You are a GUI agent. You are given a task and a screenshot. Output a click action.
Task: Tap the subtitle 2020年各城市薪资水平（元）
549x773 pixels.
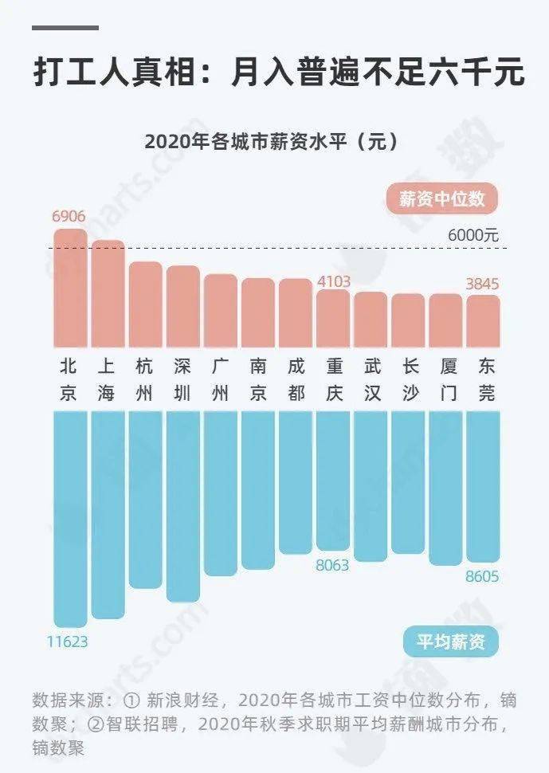pos(271,143)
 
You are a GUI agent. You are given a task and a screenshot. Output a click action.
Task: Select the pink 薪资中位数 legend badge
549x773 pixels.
pos(441,198)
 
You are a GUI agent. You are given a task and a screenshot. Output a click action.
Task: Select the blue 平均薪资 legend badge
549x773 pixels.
pos(450,641)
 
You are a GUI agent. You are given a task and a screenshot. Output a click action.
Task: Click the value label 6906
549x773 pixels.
pos(69,217)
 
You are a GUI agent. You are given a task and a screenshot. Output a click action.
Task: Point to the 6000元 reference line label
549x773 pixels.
pos(473,235)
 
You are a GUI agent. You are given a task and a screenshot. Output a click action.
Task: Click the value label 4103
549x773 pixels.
pos(333,281)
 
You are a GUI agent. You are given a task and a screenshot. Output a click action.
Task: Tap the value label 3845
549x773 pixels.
pos(482,284)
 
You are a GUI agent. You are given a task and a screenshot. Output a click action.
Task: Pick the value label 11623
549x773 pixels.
pos(67,641)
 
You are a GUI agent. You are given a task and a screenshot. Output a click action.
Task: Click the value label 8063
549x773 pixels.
pos(334,563)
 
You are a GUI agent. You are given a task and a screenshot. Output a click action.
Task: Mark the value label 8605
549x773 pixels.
pos(482,576)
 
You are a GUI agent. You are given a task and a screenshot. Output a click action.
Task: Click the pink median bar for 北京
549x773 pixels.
pos(70,287)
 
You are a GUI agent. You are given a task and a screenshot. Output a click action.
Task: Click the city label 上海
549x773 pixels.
pos(107,379)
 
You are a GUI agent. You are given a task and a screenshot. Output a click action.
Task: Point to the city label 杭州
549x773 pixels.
pos(144,379)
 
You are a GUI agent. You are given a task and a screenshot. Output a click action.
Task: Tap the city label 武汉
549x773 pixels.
pos(371,379)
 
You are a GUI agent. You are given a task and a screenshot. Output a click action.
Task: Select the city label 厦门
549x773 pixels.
pos(446,379)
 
